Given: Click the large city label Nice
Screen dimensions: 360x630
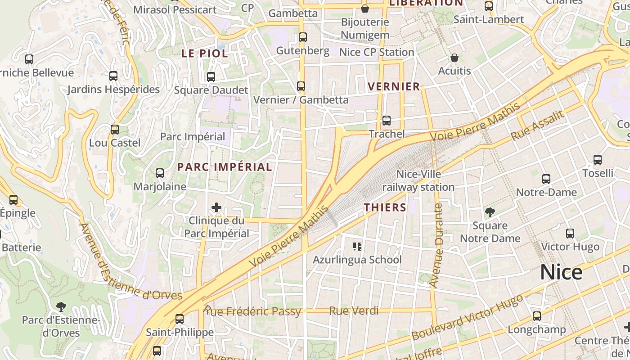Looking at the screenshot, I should pyautogui.click(x=561, y=272).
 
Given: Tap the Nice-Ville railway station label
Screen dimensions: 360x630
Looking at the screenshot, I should pyautogui.click(x=418, y=180).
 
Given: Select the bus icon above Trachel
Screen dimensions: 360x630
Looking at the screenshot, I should pyautogui.click(x=387, y=121).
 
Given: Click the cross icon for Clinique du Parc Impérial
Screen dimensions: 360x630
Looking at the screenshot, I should pyautogui.click(x=216, y=207).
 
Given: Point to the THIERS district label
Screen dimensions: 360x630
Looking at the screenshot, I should pyautogui.click(x=385, y=207).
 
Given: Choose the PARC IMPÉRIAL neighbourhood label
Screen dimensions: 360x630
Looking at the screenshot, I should pyautogui.click(x=225, y=167).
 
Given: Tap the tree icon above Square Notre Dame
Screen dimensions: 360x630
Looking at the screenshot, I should pyautogui.click(x=490, y=212).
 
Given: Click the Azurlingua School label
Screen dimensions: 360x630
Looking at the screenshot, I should pyautogui.click(x=357, y=260).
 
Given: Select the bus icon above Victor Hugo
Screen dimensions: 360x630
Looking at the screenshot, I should pyautogui.click(x=570, y=234).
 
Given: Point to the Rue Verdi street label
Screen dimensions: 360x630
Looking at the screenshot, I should pyautogui.click(x=354, y=311).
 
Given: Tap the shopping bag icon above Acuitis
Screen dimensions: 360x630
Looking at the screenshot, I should pyautogui.click(x=454, y=58).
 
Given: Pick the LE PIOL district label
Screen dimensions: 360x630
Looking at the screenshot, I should pyautogui.click(x=204, y=53).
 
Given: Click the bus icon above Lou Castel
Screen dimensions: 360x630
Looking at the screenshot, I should pyautogui.click(x=115, y=130).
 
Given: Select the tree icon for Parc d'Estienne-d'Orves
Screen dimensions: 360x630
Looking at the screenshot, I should pyautogui.click(x=61, y=307).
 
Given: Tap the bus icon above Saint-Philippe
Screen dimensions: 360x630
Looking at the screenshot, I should pyautogui.click(x=180, y=319).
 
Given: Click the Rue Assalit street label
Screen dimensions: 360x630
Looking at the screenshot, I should pyautogui.click(x=537, y=126).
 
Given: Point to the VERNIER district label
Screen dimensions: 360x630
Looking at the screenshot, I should pyautogui.click(x=394, y=86).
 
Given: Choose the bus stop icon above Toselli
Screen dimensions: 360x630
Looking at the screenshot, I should pyautogui.click(x=598, y=160).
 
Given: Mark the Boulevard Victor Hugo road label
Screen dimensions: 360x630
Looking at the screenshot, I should pyautogui.click(x=467, y=318).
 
